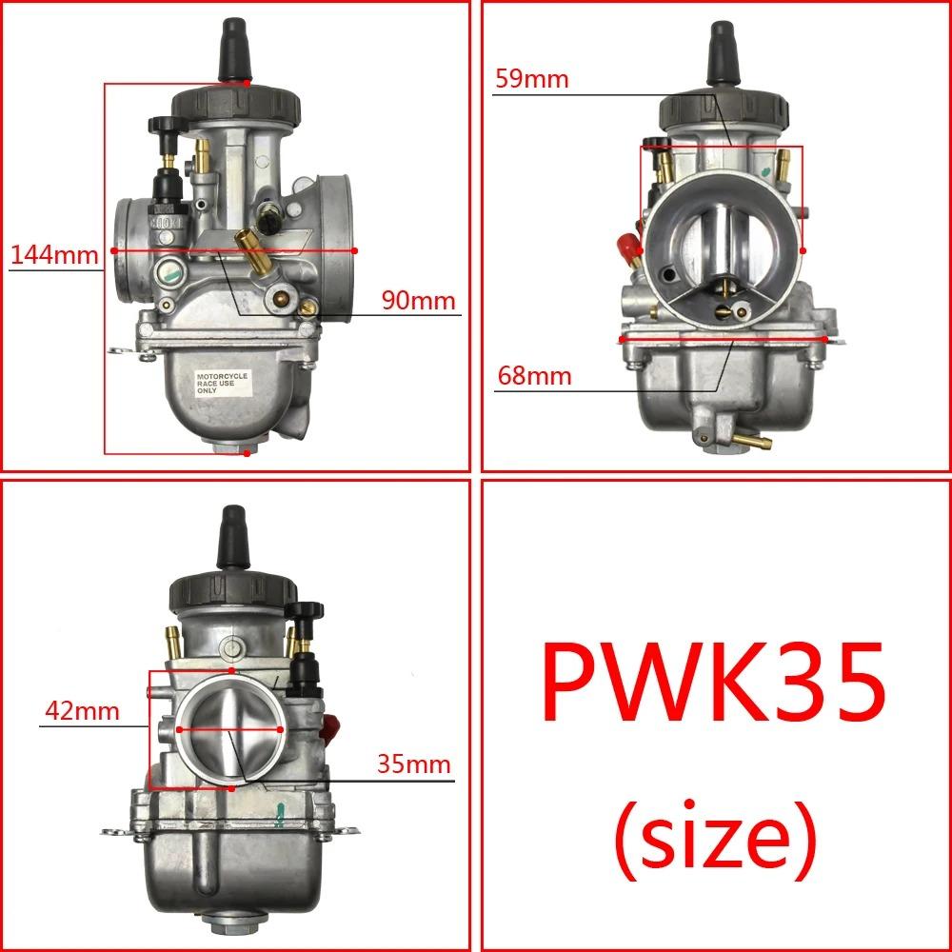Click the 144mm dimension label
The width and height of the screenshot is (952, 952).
(x=53, y=254)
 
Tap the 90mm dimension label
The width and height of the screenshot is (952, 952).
(x=419, y=301)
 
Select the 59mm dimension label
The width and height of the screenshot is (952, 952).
(x=530, y=78)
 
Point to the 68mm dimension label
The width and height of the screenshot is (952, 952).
(x=534, y=376)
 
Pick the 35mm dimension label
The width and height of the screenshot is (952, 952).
(x=413, y=764)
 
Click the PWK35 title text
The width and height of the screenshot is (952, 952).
(x=713, y=684)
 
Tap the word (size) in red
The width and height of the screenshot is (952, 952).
(x=714, y=835)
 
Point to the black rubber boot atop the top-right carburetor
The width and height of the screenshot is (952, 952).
(x=722, y=54)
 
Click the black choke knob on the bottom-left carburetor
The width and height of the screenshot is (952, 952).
(x=307, y=610)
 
